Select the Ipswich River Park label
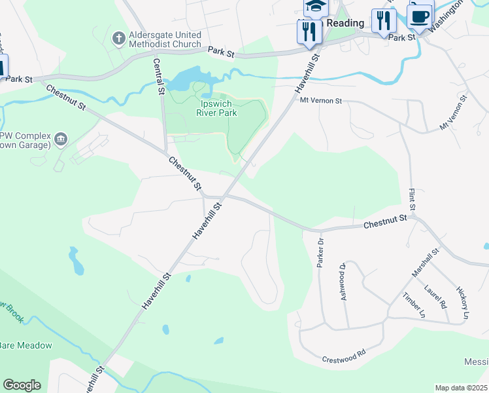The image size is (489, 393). [x=218, y=107]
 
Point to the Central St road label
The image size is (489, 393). [x=158, y=76]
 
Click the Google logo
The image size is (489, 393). [x=22, y=385]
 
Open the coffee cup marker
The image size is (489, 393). [x=420, y=14]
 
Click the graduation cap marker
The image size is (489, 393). [x=315, y=7]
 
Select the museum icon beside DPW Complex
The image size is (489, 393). [x=61, y=138]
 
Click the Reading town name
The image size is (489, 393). [x=345, y=24]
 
